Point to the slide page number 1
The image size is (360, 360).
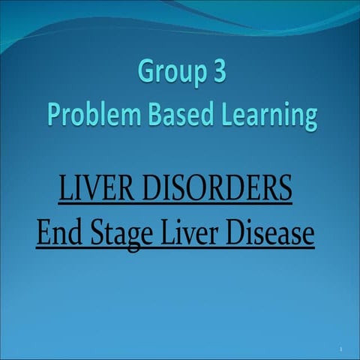click(340, 350)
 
